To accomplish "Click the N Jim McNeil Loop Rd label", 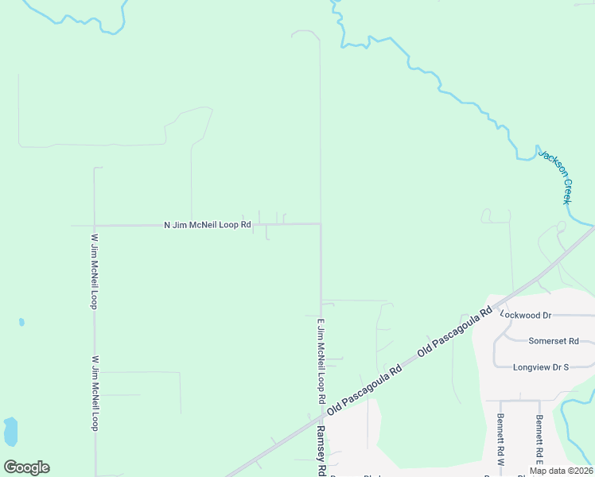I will coord(208,225).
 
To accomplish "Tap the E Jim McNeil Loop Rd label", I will coord(321,359).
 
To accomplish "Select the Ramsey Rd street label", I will coord(321,450).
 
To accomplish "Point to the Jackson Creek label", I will coord(556,175).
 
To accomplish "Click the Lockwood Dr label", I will coord(525,315).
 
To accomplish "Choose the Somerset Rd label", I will coord(553,341).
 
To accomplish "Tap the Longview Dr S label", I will coord(541,367).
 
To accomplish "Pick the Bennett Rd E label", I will coord(539,440).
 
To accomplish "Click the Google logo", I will coord(26,467).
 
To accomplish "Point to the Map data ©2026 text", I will coord(561,471).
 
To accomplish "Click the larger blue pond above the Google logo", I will coord(10,432).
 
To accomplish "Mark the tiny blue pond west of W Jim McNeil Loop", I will coord(21,322).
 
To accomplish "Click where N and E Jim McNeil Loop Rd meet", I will coord(321,224).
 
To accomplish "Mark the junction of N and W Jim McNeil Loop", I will coord(95,225).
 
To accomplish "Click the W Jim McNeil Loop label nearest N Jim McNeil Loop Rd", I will coord(94,271).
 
